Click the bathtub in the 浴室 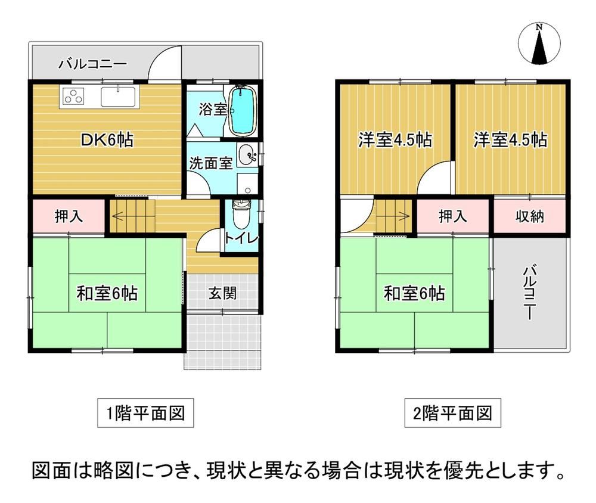pyautogui.click(x=243, y=110)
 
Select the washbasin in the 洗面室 pyautogui.click(x=247, y=156)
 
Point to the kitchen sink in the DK pyautogui.click(x=118, y=97)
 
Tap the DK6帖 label pyautogui.click(x=107, y=140)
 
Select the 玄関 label pyautogui.click(x=223, y=293)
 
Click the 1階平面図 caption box pyautogui.click(x=145, y=413)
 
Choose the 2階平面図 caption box pyautogui.click(x=452, y=413)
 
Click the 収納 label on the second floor pyautogui.click(x=529, y=216)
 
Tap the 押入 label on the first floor pyautogui.click(x=69, y=216)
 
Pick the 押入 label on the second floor pyautogui.click(x=453, y=216)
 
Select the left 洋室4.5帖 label pyautogui.click(x=395, y=140)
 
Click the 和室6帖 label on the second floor pyautogui.click(x=414, y=293)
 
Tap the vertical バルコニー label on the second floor pyautogui.click(x=530, y=292)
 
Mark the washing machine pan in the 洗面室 pyautogui.click(x=248, y=184)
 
